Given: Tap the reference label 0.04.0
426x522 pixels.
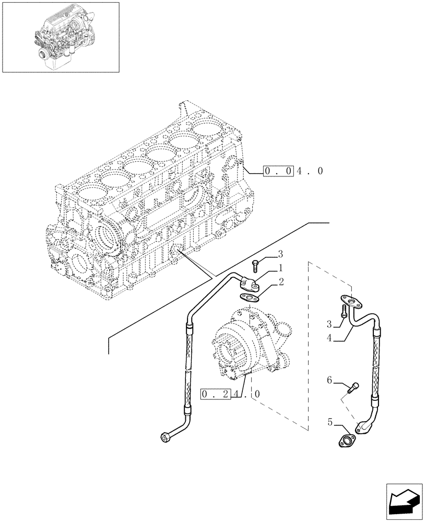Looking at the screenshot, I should [x=293, y=171].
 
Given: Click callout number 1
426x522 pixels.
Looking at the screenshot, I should [x=280, y=268].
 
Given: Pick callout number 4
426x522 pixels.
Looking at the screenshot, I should [x=329, y=338].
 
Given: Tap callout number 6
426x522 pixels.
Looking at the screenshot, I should [x=329, y=382].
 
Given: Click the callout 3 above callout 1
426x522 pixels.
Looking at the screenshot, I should [x=280, y=254].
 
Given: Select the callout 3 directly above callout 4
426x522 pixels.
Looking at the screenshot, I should [x=329, y=324].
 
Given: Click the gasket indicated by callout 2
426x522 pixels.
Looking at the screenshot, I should [x=251, y=298].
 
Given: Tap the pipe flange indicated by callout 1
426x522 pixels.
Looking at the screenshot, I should [x=250, y=283].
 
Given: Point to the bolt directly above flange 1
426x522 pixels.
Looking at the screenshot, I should [x=255, y=265].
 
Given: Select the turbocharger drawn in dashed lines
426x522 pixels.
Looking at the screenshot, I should [x=248, y=345].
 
